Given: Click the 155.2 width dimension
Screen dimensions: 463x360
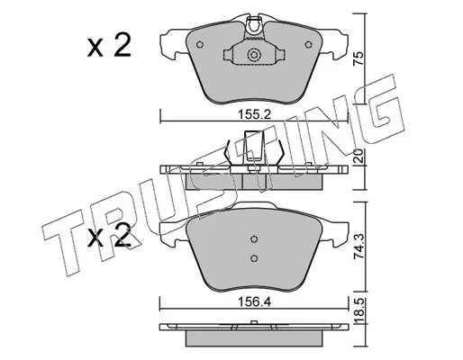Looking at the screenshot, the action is tap(254, 114).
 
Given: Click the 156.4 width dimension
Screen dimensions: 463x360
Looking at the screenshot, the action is tap(254, 301).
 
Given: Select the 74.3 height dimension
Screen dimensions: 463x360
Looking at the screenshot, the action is tap(359, 247).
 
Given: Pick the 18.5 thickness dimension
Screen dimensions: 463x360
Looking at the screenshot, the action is tap(359, 311).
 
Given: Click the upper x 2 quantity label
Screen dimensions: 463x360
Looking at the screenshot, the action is tap(109, 46).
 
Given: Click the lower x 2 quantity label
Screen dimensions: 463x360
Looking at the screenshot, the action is tap(109, 237).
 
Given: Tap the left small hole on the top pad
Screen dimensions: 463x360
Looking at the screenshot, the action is tap(200, 45).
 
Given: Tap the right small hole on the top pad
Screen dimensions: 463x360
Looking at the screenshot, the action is tap(308, 45).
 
